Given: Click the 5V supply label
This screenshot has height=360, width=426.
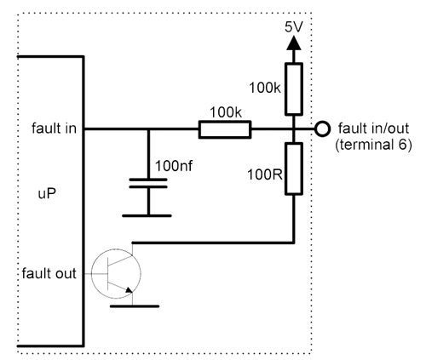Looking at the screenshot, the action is tap(294, 27).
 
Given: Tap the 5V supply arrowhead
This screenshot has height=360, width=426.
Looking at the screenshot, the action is tap(294, 43).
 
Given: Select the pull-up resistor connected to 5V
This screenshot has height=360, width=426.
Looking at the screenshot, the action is tap(294, 89).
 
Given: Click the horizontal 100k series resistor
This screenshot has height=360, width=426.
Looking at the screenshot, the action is tap(225, 129).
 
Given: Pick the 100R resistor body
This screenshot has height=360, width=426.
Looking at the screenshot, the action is tap(294, 169).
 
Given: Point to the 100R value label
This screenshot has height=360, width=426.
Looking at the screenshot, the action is tap(265, 174).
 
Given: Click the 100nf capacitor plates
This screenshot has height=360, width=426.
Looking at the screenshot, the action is tap(148, 183).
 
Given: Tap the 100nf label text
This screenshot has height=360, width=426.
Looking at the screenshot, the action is tap(174, 166).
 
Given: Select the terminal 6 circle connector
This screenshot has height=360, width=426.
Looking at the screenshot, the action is tap(323, 129).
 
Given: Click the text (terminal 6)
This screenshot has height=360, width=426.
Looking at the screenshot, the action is tap(374, 145).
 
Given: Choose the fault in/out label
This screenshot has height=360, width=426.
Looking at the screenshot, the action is tap(374, 129).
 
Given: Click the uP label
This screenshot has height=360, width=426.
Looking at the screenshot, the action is tap(47, 194).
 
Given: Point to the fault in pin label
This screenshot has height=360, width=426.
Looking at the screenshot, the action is tap(55, 129).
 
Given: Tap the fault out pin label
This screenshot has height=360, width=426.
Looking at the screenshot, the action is tap(49, 273).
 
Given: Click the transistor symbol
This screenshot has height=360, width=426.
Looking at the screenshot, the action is tap(116, 273).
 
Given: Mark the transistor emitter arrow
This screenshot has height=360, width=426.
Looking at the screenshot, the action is tap(129, 289).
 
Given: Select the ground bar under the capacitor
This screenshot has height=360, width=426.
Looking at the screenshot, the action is tap(147, 216).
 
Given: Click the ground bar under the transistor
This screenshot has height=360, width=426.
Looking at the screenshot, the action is tap(135, 306).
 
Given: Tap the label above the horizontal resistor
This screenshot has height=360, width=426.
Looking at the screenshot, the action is tap(226, 113).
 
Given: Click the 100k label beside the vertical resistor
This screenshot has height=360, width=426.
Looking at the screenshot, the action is tap(265, 88).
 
